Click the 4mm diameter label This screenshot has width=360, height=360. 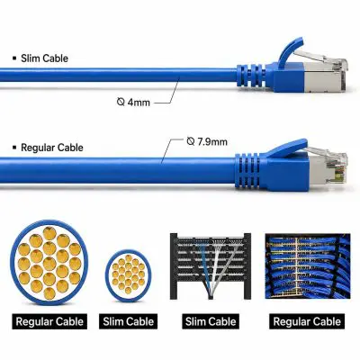[x=133, y=103]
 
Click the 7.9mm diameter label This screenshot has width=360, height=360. [x=207, y=141]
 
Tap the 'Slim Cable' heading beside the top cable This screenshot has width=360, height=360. [x=44, y=58]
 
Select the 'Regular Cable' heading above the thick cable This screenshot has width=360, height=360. [x=52, y=148]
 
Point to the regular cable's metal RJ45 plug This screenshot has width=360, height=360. [x=328, y=167]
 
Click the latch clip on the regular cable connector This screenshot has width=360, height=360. [x=286, y=149]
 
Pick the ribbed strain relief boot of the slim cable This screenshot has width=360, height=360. [x=251, y=76]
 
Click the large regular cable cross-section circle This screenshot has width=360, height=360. [x=49, y=263]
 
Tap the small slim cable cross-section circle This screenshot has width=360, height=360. [x=128, y=275]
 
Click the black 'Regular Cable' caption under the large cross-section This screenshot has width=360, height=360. [x=49, y=321]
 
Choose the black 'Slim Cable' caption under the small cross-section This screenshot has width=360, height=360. [x=128, y=321]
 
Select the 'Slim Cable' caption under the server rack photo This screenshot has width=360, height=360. [x=211, y=321]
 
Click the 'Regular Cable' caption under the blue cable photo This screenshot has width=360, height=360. [x=307, y=321]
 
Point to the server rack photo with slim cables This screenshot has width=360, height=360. [x=211, y=266]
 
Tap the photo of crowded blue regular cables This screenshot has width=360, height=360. [x=308, y=266]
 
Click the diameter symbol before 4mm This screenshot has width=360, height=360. [x=121, y=102]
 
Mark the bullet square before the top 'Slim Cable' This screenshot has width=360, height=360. [x=14, y=58]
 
